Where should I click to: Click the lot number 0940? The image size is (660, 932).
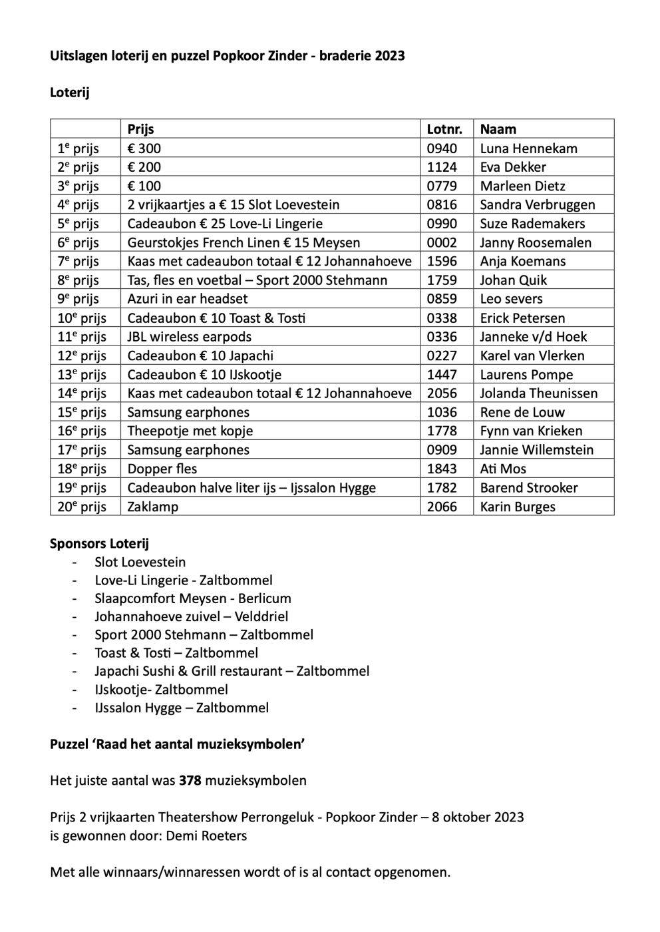tap(442, 148)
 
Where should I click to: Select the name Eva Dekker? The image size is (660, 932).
tap(513, 167)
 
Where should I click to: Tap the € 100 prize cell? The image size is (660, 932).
tap(144, 186)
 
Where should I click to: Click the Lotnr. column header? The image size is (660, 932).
tap(444, 129)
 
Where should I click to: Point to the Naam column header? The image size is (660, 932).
tap(498, 129)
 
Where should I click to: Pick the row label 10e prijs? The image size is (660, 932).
tap(82, 318)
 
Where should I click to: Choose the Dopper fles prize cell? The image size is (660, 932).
tap(162, 469)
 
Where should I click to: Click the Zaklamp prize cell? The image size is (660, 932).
tap(153, 507)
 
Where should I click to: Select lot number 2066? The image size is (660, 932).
tap(442, 507)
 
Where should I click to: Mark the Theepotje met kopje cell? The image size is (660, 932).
tap(190, 431)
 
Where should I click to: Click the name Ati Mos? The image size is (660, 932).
tap(503, 469)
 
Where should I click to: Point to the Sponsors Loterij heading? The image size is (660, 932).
tap(99, 543)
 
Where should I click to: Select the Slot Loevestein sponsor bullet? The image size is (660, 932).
tap(140, 562)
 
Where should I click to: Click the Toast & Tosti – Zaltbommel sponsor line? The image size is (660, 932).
tap(176, 653)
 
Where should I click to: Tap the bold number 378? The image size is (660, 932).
tap(190, 780)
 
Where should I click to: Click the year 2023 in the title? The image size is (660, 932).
tap(389, 56)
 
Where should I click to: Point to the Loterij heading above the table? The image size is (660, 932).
tap(70, 93)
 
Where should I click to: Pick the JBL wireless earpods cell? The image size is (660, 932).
tap(190, 337)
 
